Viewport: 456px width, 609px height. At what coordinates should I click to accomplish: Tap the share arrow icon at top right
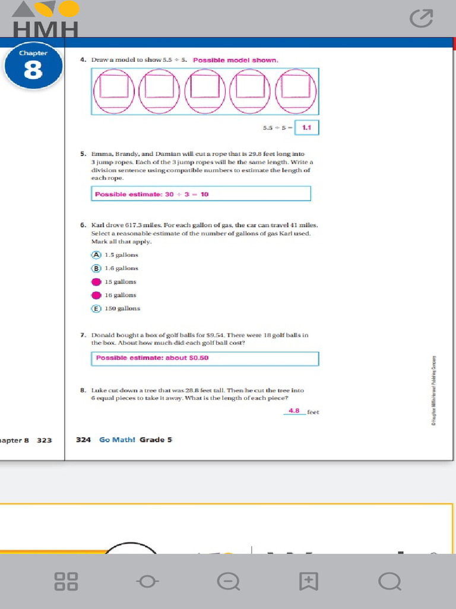[x=422, y=19]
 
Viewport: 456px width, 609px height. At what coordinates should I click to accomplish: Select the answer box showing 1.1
[x=307, y=127]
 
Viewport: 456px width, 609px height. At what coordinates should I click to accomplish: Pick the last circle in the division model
[x=296, y=91]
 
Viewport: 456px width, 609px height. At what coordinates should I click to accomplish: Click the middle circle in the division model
[x=205, y=91]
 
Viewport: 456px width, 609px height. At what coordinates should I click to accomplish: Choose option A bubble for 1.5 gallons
[x=96, y=255]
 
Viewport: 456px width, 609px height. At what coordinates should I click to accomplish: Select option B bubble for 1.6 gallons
[x=96, y=268]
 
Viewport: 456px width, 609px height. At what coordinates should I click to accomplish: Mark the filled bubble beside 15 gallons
[x=96, y=282]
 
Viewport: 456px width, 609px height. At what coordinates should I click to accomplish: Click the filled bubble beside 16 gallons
[x=96, y=295]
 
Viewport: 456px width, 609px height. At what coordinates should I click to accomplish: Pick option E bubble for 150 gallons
[x=96, y=309]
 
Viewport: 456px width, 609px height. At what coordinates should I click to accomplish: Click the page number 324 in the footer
[x=83, y=440]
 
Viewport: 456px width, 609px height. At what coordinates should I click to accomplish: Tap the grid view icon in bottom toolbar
[x=66, y=581]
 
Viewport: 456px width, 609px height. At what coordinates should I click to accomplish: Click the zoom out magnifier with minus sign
[x=228, y=581]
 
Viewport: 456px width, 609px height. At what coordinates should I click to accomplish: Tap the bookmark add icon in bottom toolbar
[x=309, y=581]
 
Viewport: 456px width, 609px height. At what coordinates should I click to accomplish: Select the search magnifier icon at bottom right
[x=389, y=581]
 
